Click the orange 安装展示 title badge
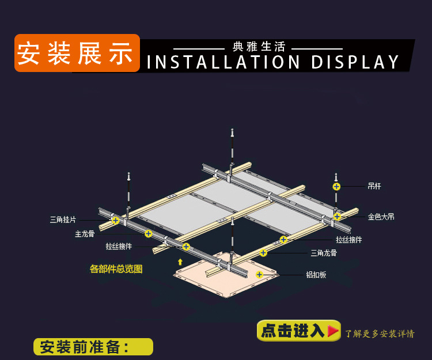77,53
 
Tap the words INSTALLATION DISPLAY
273,62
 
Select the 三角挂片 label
63,219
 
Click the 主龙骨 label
85,234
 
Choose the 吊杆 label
374,186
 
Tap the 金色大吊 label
381,217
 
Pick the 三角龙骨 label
324,252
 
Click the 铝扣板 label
316,275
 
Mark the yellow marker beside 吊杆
336,186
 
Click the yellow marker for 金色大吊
337,217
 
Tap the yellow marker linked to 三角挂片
116,220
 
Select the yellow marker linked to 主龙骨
149,233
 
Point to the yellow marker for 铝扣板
259,274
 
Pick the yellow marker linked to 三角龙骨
263,252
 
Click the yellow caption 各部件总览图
116,268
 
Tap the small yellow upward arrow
180,262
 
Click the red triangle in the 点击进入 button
333,331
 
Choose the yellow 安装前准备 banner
93,347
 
